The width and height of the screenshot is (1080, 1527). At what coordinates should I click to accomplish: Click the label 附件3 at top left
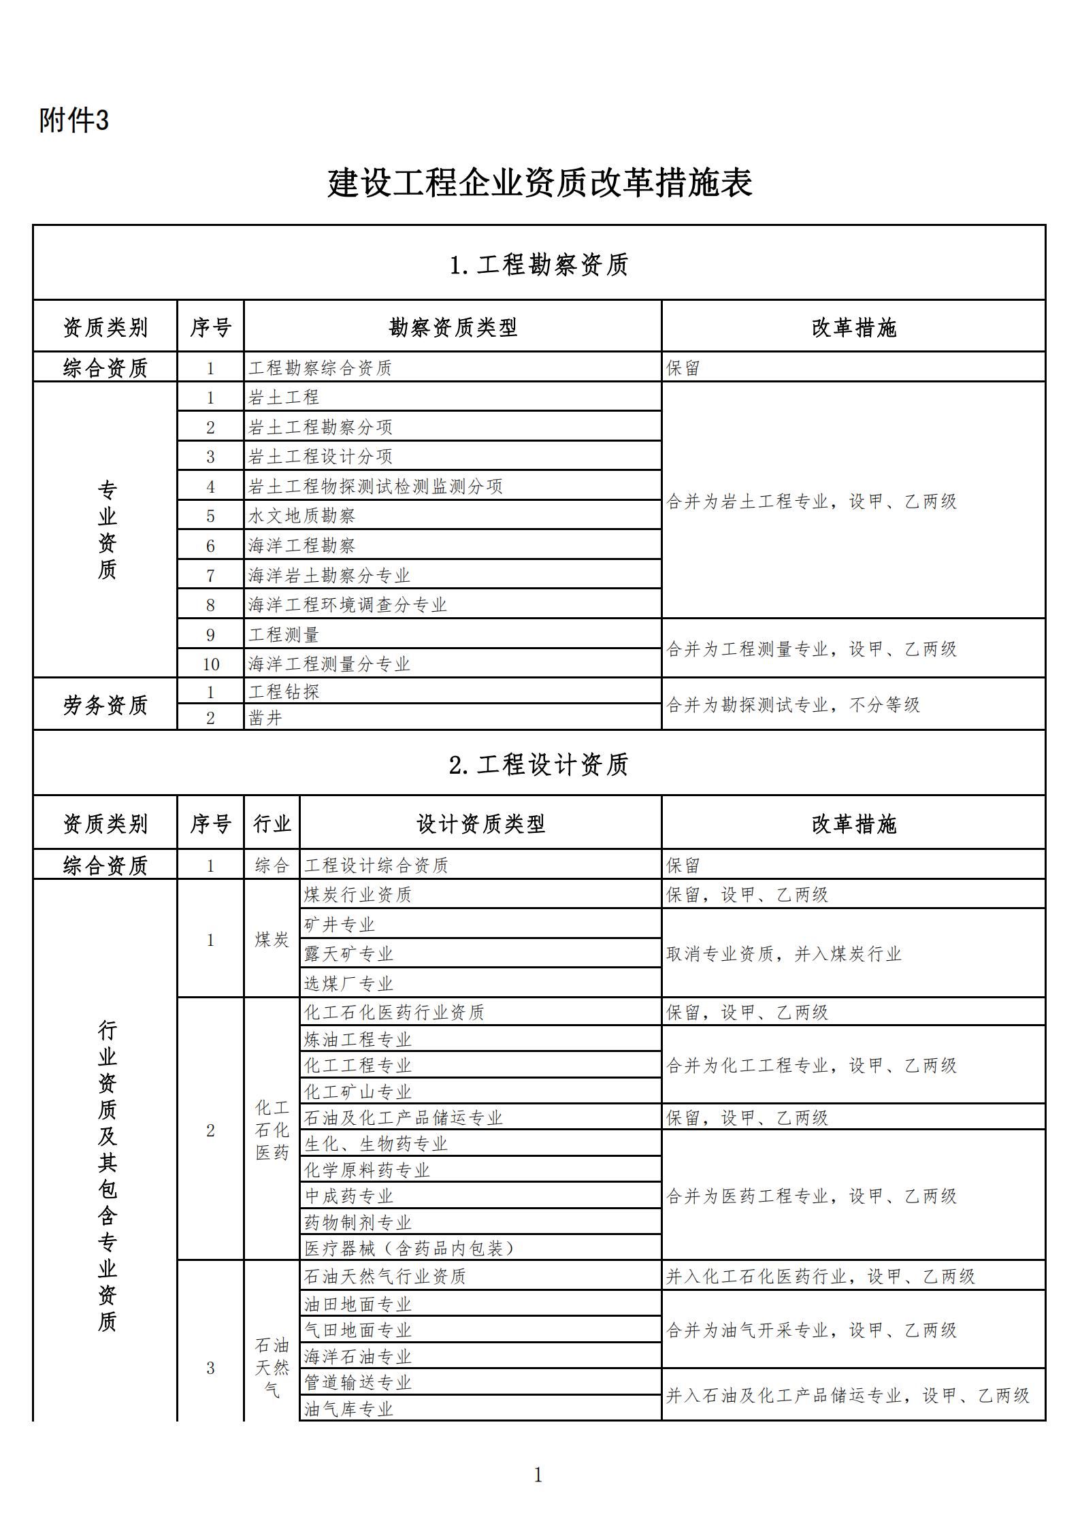click(74, 121)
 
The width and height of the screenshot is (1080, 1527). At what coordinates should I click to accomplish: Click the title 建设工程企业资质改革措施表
click(540, 184)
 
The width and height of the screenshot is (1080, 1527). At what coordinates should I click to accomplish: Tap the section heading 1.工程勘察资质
click(539, 265)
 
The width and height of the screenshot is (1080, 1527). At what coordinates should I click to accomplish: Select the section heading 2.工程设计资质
click(539, 764)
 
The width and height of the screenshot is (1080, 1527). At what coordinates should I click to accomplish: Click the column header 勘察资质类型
click(453, 328)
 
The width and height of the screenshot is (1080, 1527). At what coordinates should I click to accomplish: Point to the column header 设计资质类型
click(480, 824)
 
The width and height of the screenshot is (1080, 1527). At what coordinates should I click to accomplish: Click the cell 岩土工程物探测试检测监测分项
click(376, 487)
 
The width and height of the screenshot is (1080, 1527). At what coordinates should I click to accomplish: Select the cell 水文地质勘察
click(302, 516)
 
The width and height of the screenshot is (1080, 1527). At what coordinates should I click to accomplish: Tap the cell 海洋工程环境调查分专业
click(348, 605)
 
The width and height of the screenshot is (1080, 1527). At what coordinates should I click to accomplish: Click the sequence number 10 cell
click(211, 664)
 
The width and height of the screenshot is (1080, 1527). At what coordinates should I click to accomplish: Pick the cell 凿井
click(266, 718)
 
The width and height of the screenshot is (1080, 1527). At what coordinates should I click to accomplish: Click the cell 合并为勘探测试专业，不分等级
click(793, 705)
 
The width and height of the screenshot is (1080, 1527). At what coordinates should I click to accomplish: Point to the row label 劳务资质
click(105, 705)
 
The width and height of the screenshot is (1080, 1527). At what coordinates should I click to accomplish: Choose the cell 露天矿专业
click(349, 954)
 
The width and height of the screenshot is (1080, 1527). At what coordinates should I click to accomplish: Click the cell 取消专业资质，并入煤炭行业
click(784, 954)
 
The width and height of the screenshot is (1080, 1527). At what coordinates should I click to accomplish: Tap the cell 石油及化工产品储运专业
click(404, 1118)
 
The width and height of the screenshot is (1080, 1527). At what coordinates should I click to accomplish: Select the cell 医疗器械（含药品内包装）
click(410, 1248)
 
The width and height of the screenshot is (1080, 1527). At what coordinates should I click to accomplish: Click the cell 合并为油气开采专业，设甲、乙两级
click(812, 1330)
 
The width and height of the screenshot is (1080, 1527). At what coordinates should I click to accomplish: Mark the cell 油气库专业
click(349, 1409)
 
